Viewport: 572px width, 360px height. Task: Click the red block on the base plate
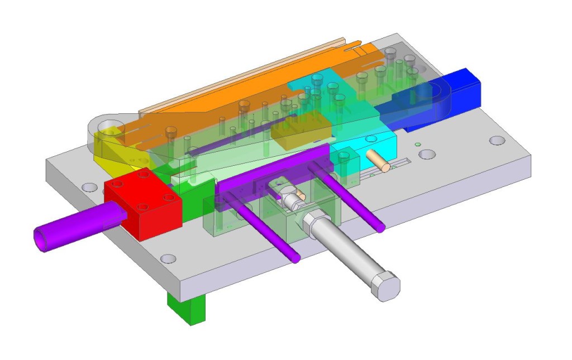(x=144, y=207)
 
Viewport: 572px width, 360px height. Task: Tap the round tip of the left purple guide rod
(x=295, y=258)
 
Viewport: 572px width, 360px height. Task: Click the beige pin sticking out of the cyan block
(x=379, y=161)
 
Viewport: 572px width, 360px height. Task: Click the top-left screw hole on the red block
(x=117, y=184)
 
